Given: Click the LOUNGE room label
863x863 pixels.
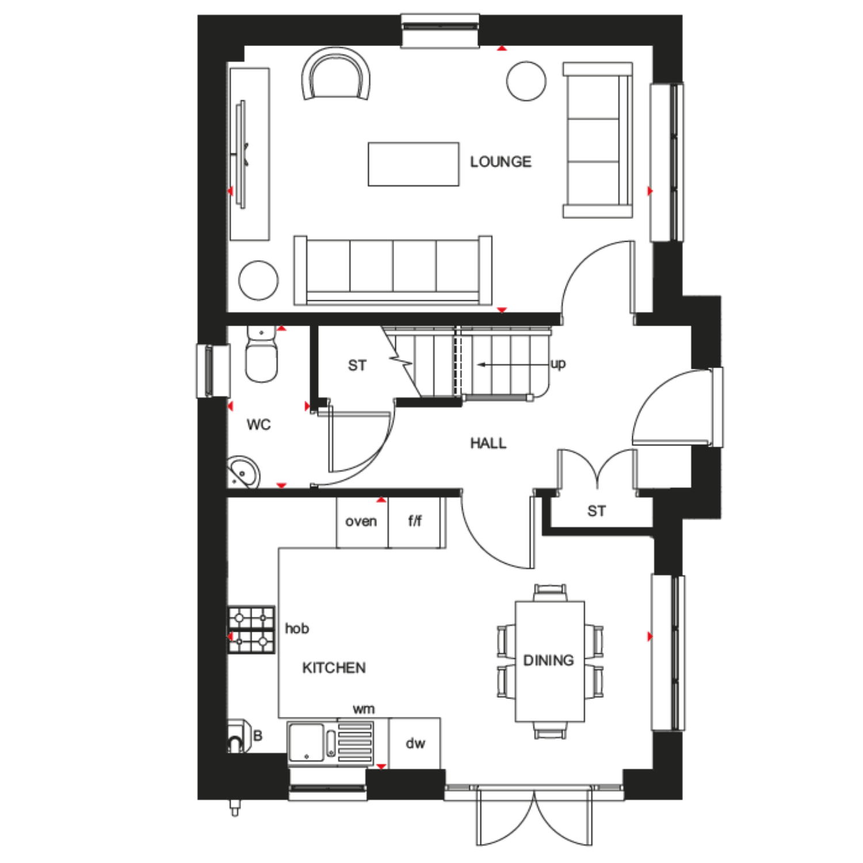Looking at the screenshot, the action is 501,162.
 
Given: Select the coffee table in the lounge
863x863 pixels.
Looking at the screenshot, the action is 414,164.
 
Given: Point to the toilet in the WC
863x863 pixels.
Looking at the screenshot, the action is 261,354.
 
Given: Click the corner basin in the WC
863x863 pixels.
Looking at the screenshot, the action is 243,472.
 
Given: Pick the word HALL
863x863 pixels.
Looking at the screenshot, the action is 488,443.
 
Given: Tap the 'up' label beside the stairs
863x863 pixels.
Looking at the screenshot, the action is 558,364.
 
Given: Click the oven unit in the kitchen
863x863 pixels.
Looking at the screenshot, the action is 362,522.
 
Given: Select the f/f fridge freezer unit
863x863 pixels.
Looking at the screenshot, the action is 415,522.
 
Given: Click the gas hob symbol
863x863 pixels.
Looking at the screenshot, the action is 251,629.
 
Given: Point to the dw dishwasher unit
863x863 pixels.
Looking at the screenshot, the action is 415,743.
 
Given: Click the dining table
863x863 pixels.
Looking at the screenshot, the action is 550,661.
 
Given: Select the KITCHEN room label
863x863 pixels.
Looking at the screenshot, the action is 334,668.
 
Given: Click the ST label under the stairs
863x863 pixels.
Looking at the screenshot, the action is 357,365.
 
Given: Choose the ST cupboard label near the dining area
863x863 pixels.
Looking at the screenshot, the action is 597,511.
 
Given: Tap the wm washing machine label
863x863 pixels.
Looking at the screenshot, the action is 364,709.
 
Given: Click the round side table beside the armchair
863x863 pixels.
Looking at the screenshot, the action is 526,81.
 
